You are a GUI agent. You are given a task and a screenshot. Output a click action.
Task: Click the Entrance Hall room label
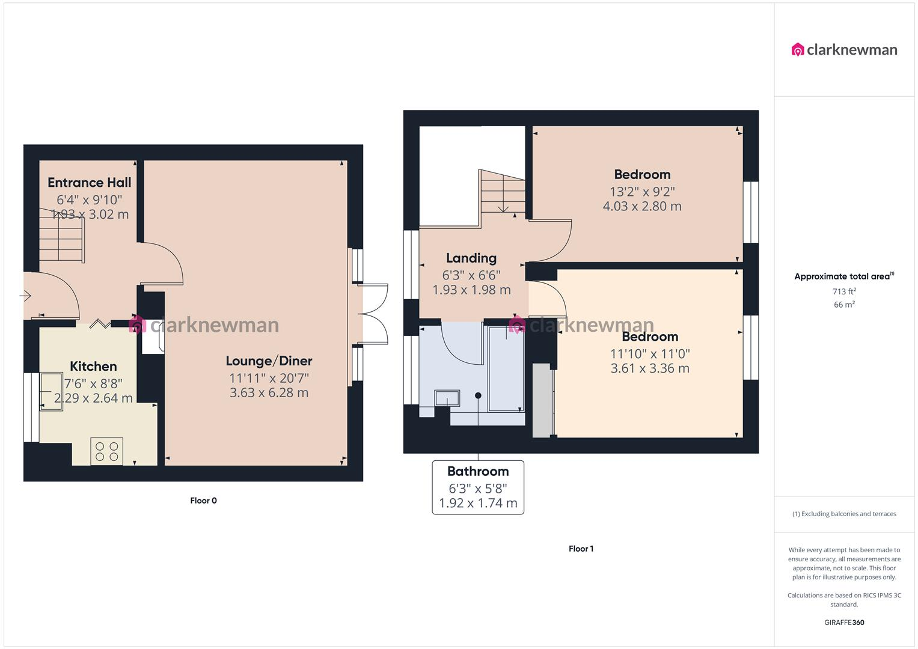pos(89,183)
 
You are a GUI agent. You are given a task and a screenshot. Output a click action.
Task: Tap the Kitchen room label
pos(93,367)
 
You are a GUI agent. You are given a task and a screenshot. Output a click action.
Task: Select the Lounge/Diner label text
pos(269,361)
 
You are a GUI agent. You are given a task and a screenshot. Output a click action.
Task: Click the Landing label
pos(471,258)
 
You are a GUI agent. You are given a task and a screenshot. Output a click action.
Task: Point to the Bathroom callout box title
pos(478,472)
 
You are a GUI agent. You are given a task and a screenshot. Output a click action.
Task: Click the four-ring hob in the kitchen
pos(106,451)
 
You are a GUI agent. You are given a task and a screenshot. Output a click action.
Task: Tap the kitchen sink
pos(51,391)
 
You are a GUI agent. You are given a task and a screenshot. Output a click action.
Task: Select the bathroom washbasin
pos(447,398)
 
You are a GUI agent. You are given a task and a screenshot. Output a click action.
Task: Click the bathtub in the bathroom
pos(506,369)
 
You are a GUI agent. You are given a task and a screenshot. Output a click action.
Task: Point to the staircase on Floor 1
pos(502,192)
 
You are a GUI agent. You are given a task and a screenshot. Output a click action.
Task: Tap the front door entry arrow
pos(26,296)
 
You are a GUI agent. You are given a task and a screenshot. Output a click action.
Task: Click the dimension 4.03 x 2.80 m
pos(642,206)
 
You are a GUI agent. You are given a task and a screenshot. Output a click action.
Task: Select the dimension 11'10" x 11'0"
pos(650,354)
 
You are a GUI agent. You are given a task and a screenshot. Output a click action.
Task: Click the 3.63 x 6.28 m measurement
pos(269,393)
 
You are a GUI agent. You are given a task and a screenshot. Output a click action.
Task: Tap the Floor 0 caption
pos(203,501)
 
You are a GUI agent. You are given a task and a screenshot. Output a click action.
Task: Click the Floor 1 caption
pos(581,549)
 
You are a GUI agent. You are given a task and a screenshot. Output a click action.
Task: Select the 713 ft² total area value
pos(844,291)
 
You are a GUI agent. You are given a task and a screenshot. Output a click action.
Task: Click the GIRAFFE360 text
pos(844,623)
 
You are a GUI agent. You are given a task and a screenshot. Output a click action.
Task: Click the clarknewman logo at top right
pos(844,50)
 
